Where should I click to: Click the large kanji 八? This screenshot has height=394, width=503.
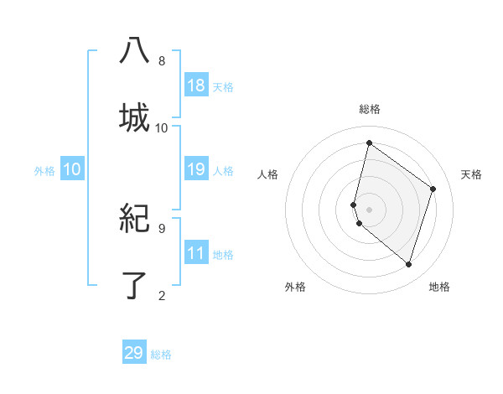[x=134, y=51]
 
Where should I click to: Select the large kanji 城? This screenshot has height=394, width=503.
[x=134, y=118]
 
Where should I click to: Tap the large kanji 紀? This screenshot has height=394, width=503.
[x=134, y=219]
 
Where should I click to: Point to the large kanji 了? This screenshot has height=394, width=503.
[x=134, y=285]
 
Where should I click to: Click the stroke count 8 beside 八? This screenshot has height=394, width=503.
[x=162, y=61]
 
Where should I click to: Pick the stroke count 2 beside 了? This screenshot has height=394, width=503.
[x=162, y=295]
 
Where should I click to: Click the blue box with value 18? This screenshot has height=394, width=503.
[x=196, y=86]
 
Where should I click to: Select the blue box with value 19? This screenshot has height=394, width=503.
[x=196, y=170]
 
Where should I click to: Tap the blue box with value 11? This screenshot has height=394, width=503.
[x=196, y=253]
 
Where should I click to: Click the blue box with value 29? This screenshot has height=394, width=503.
[x=134, y=353]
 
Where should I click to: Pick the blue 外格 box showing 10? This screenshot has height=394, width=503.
[x=72, y=170]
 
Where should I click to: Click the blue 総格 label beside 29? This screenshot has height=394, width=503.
[x=161, y=355]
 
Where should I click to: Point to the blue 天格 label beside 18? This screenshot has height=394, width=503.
[x=223, y=87]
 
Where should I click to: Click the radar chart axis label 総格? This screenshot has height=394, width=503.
[x=370, y=109]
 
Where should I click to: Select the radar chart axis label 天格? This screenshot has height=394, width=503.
[x=472, y=174]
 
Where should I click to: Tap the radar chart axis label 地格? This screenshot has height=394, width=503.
[x=439, y=287]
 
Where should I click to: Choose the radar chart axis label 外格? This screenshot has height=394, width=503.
[x=295, y=287]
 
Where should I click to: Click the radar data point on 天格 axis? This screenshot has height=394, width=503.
[x=433, y=189]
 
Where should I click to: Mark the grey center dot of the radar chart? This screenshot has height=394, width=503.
[x=370, y=209]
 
